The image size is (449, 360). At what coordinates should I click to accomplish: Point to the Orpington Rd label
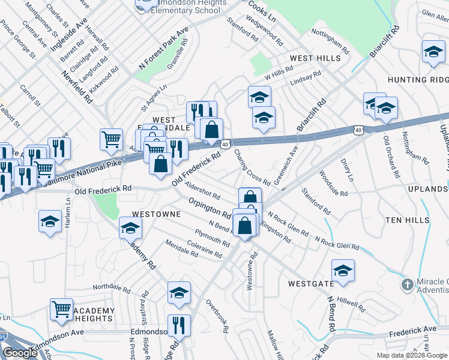pyautogui.click(x=210, y=208)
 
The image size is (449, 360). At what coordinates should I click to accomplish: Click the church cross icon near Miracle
pyautogui.click(x=408, y=284)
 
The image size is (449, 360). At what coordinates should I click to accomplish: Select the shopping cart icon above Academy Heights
pyautogui.click(x=62, y=309)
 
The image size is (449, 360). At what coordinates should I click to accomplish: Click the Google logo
pyautogui.click(x=20, y=353)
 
